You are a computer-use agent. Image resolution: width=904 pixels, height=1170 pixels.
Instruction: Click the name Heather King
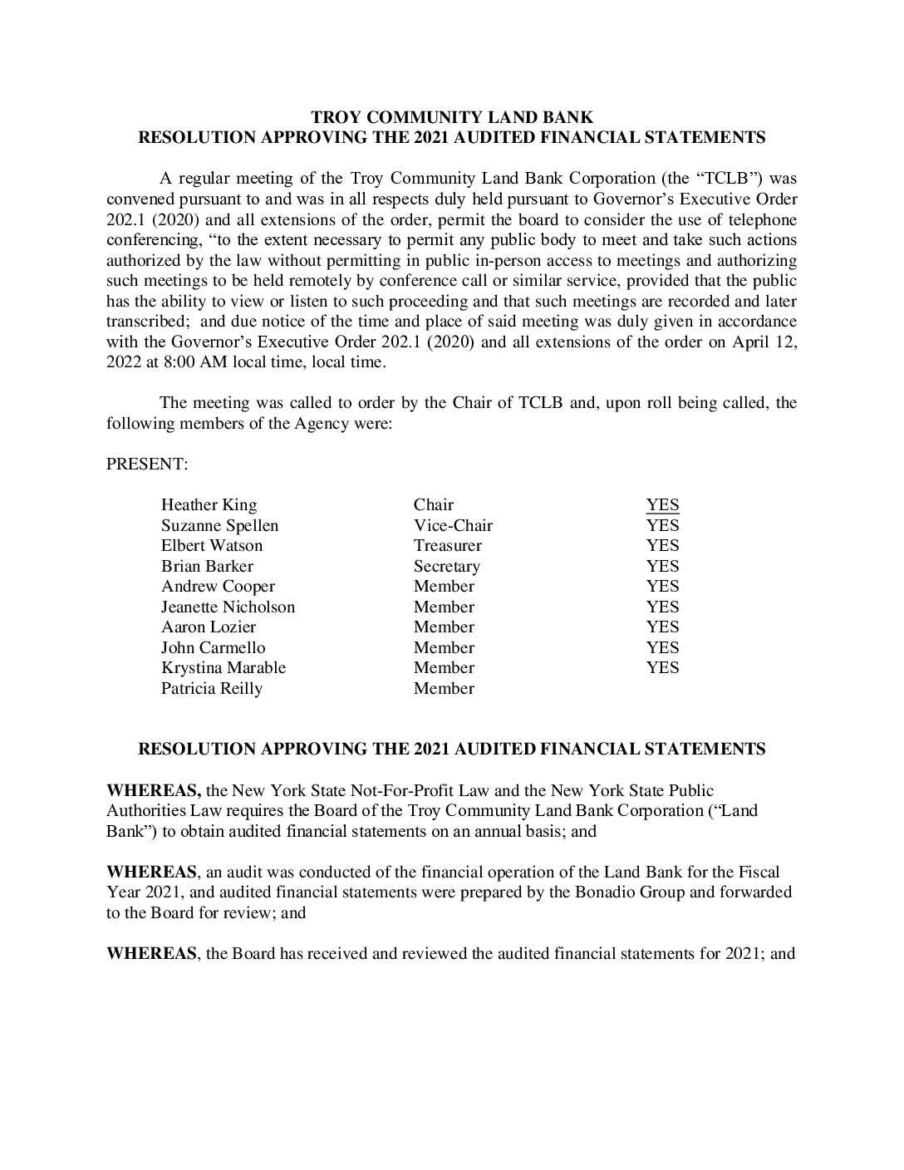point(209,505)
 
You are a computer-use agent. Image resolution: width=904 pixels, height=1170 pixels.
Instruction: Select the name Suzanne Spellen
point(219,525)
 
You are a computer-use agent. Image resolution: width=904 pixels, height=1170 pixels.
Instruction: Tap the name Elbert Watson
point(211,546)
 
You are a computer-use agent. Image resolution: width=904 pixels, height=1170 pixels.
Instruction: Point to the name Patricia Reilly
point(211,689)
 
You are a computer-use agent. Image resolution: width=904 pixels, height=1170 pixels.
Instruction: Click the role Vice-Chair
point(453,525)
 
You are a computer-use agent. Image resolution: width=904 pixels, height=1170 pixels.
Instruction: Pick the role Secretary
point(446,567)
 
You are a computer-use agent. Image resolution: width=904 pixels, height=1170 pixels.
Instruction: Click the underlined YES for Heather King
point(662,505)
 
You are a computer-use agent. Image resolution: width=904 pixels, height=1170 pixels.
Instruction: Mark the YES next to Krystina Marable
point(662,668)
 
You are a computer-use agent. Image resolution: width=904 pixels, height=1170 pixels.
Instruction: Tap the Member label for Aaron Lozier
point(444,627)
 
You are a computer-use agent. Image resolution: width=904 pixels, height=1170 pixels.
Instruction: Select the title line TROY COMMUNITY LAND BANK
point(451,118)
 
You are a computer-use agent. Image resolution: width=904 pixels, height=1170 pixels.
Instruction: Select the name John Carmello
point(213,648)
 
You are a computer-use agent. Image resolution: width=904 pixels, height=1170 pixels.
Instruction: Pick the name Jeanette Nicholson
point(228,607)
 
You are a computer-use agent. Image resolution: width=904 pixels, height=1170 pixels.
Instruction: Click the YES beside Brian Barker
point(662,567)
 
